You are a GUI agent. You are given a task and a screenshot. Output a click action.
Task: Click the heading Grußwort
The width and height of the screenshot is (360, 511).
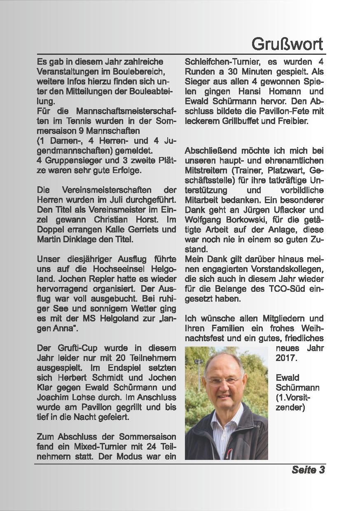coord(288,43)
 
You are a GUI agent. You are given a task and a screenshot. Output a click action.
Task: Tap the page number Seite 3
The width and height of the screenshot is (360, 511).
coord(308,470)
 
